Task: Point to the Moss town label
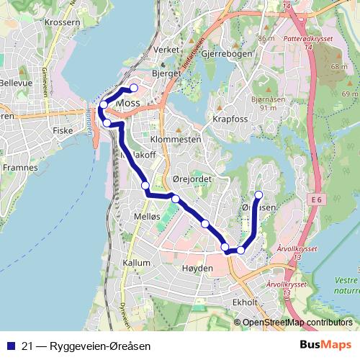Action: (127, 103)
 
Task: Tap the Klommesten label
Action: (176, 138)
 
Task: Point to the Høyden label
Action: (199, 268)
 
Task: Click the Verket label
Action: (166, 50)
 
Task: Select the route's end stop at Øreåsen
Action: (259, 195)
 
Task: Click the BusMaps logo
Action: (326, 345)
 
